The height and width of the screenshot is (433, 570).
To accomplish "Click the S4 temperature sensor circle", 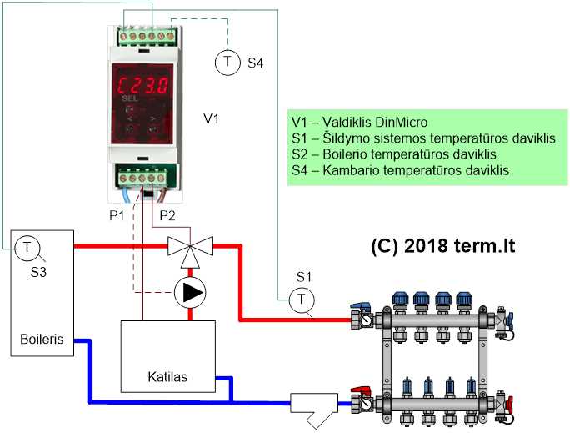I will (227, 62).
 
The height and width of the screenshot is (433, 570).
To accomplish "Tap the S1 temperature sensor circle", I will (301, 298).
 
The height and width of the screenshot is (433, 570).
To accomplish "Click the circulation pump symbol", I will (191, 292).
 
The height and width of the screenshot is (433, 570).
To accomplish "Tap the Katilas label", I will (168, 377).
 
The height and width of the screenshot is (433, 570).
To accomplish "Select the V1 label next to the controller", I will (212, 119).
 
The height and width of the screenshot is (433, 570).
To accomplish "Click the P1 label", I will (117, 215).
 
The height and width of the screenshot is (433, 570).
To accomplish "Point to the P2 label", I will (167, 215).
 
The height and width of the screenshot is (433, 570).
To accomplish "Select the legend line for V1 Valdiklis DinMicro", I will (359, 122).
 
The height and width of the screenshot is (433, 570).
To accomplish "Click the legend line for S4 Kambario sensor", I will (400, 170).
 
